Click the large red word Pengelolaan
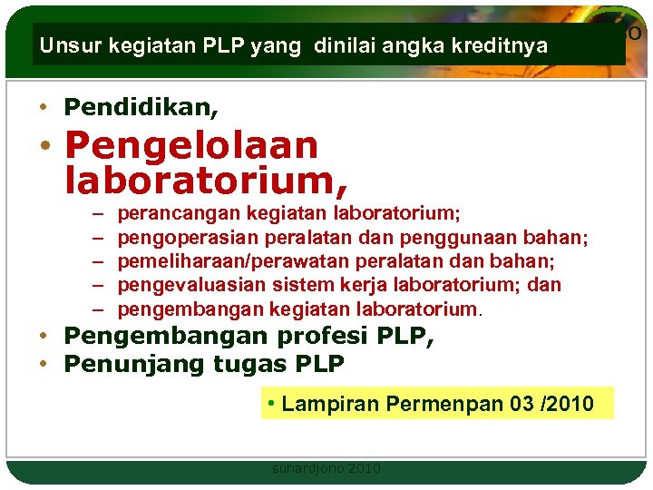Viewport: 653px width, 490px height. pos(191,145)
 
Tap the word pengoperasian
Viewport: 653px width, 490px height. pos(189,238)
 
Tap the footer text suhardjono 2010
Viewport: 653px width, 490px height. pos(326,469)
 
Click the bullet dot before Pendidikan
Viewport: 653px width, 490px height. pos(43,108)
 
